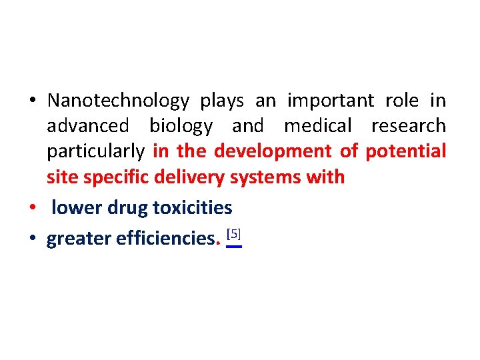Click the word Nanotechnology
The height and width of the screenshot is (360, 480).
click(x=119, y=101)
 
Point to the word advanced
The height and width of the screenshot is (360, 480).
click(x=87, y=126)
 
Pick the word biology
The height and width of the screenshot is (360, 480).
click(x=181, y=127)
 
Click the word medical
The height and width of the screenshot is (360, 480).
click(x=317, y=126)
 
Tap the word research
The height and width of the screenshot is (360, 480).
click(x=408, y=126)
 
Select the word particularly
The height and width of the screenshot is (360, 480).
click(x=95, y=152)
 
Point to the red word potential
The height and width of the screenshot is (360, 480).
click(x=405, y=152)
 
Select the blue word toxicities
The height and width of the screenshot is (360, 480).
click(x=193, y=209)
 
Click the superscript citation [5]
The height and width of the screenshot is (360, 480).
click(x=233, y=235)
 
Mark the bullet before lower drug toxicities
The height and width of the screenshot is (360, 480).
click(x=32, y=209)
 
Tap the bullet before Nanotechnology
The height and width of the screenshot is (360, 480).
click(x=32, y=101)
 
